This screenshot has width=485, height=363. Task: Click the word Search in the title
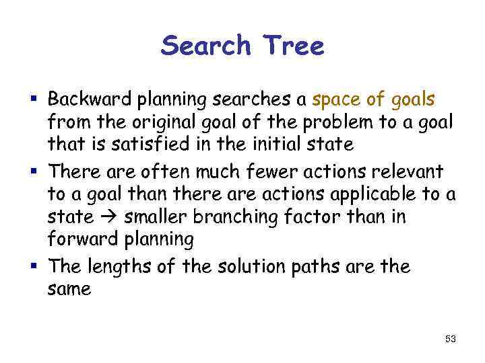[x=205, y=46]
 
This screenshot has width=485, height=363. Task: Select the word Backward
[x=92, y=100]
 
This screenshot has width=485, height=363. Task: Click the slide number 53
[x=450, y=339]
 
